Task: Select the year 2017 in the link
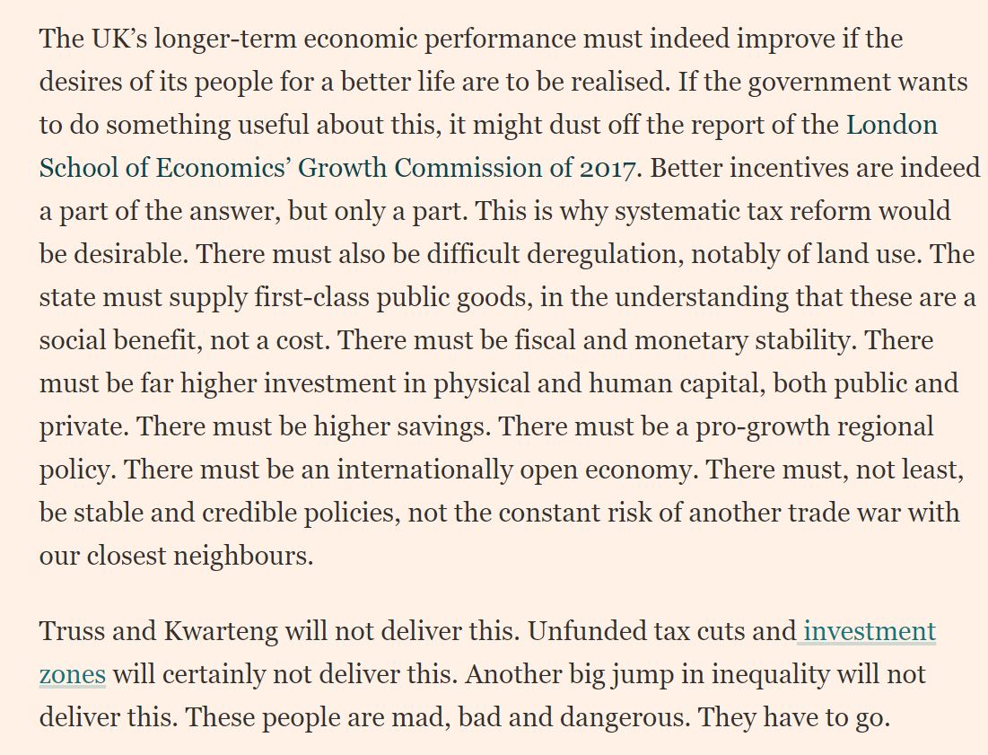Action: pos(607,168)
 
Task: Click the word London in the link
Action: pos(892,125)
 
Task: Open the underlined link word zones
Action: pos(72,674)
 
